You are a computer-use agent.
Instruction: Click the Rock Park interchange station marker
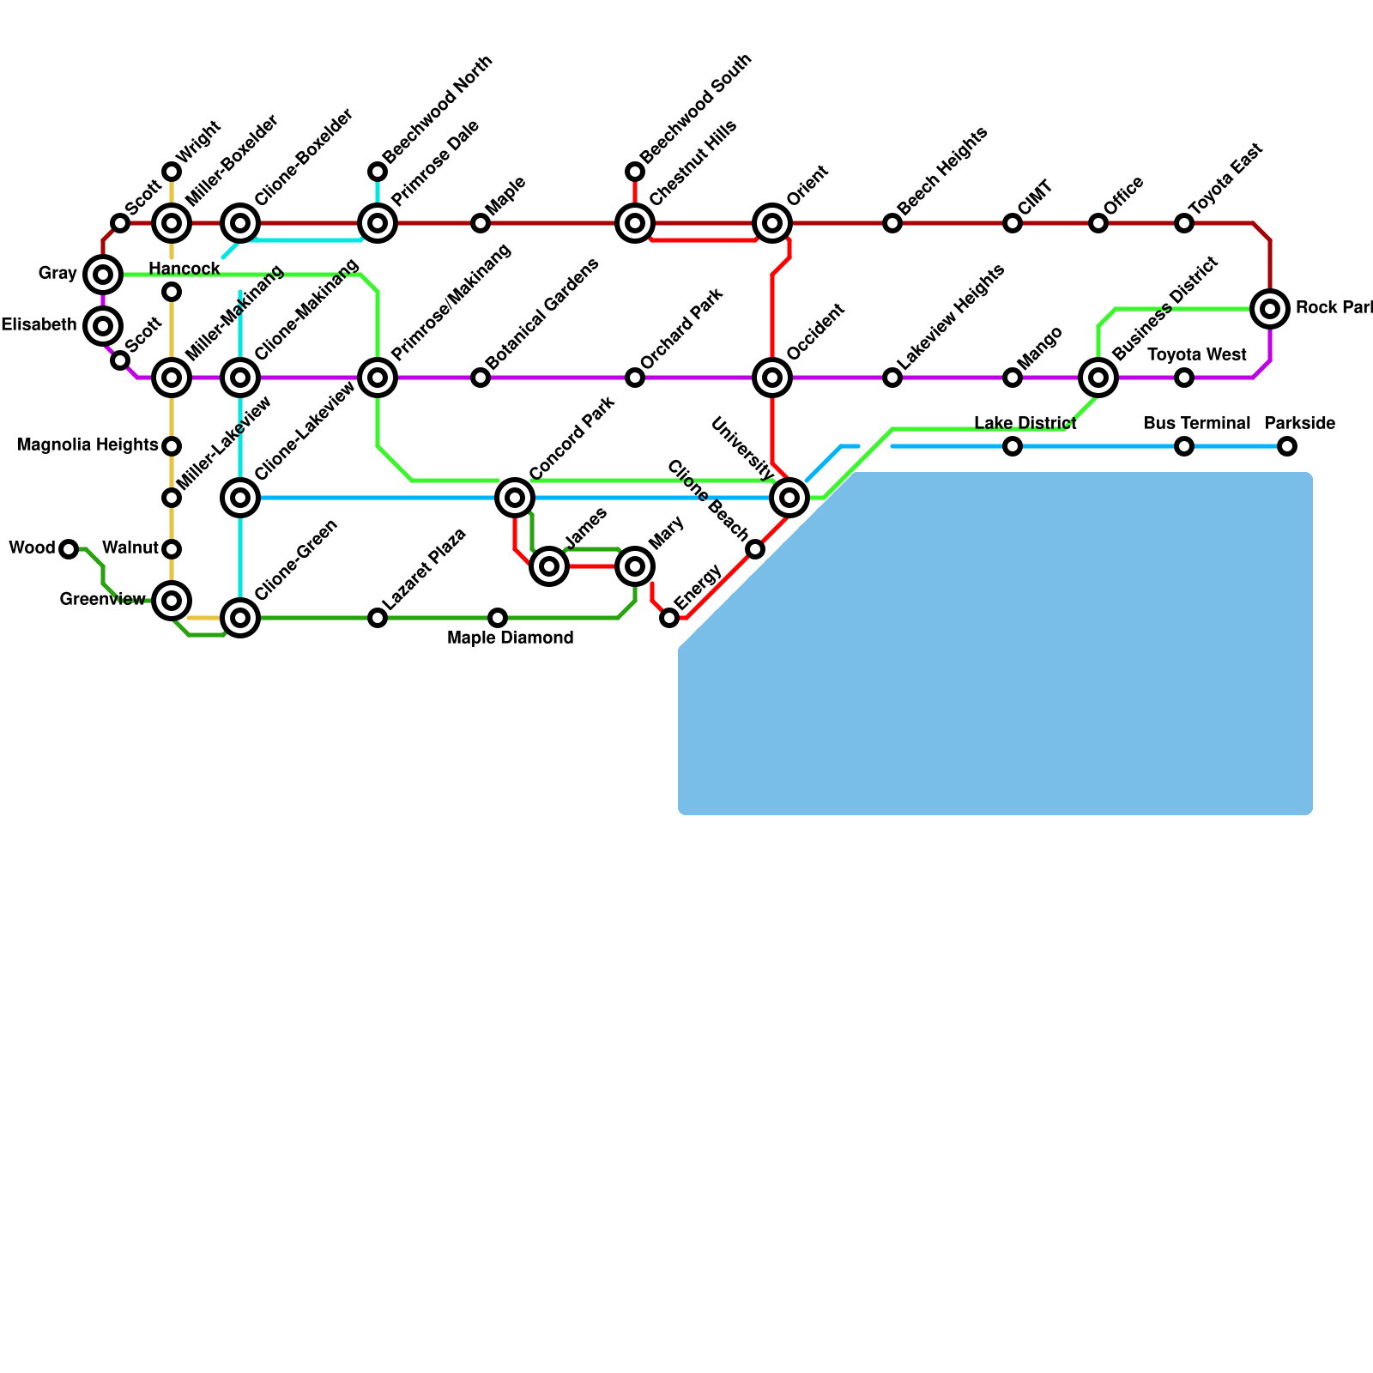point(1270,309)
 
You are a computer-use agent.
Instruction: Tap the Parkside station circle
point(1286,446)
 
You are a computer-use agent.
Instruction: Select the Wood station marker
point(69,549)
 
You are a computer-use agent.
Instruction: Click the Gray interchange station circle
point(103,275)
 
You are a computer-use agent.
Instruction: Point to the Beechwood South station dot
point(635,172)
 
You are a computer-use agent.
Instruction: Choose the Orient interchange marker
point(772,223)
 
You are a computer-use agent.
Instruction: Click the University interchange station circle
point(789,498)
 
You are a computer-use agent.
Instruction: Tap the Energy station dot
point(669,618)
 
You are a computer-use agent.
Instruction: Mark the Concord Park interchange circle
point(515,498)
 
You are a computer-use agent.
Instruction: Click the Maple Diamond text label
point(511,638)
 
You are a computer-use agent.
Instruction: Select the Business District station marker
point(1098,378)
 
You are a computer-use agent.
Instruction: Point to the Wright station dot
point(172,172)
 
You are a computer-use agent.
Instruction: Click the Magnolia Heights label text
point(88,445)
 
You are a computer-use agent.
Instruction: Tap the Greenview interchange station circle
point(172,601)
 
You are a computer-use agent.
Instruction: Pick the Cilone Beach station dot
point(755,549)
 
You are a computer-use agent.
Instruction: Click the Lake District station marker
point(1013,446)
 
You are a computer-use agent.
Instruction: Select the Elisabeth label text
point(39,325)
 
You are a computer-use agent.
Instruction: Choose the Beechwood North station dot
point(378,172)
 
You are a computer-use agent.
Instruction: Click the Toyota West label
point(1196,355)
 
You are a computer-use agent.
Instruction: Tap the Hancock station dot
point(172,292)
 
